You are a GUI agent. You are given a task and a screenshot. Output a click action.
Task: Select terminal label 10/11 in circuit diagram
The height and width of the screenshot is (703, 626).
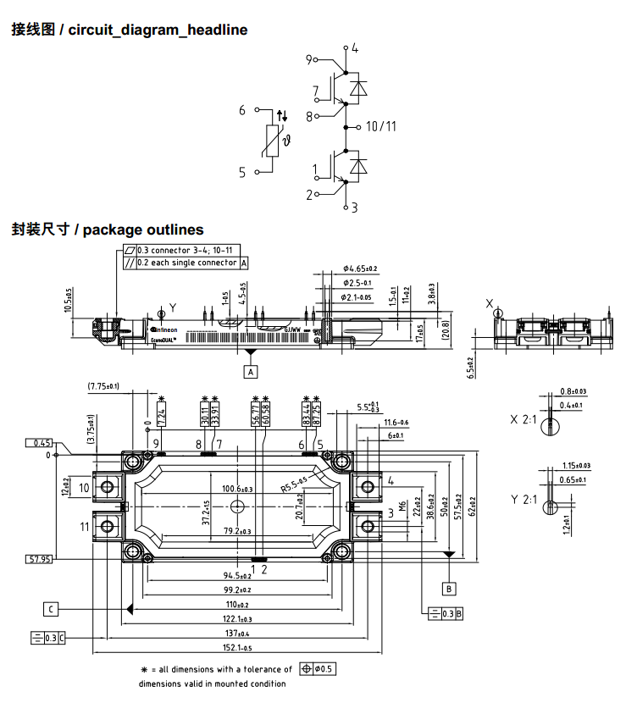(x=381, y=127)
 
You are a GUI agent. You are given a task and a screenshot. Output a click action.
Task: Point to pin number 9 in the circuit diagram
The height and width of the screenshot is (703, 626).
(x=309, y=59)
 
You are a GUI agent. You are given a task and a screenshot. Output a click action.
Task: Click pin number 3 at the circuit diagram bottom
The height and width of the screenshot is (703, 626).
(x=354, y=207)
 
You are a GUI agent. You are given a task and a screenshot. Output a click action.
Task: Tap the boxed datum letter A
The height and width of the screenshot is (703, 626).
(x=250, y=370)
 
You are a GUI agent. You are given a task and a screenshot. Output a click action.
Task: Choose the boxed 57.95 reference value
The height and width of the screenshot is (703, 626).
(x=40, y=560)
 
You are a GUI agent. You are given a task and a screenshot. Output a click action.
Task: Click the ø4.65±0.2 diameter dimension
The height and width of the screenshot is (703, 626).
(x=360, y=268)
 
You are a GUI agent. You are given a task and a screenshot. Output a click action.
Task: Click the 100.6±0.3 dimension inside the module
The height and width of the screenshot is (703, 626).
(x=237, y=490)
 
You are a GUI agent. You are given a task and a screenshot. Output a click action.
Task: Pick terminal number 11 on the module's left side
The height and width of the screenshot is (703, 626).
(x=85, y=528)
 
